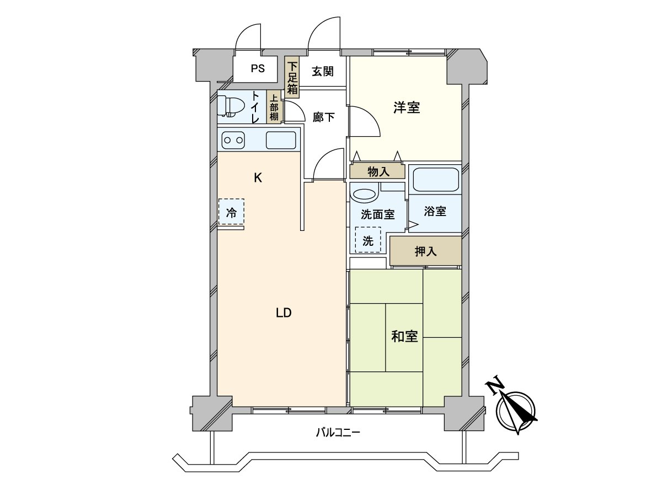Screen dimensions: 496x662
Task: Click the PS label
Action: [258, 69]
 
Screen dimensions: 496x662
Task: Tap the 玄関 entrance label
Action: [322, 71]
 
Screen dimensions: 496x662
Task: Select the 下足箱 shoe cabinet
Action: [292, 77]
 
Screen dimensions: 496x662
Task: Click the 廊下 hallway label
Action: [323, 117]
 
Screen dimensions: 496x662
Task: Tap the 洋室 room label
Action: [407, 107]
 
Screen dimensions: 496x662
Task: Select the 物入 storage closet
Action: [378, 171]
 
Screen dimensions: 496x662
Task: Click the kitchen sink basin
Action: [281, 141]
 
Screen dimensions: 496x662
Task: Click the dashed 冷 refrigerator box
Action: [231, 212]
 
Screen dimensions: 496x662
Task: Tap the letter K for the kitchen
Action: [257, 178]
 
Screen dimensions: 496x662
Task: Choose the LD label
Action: [283, 313]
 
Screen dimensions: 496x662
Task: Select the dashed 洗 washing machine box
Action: [368, 240]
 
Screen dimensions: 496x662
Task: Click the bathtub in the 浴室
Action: [436, 178]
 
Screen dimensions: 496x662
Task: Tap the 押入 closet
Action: [425, 251]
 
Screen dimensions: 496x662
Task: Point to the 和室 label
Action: [404, 336]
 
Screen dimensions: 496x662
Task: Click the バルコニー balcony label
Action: [338, 433]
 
